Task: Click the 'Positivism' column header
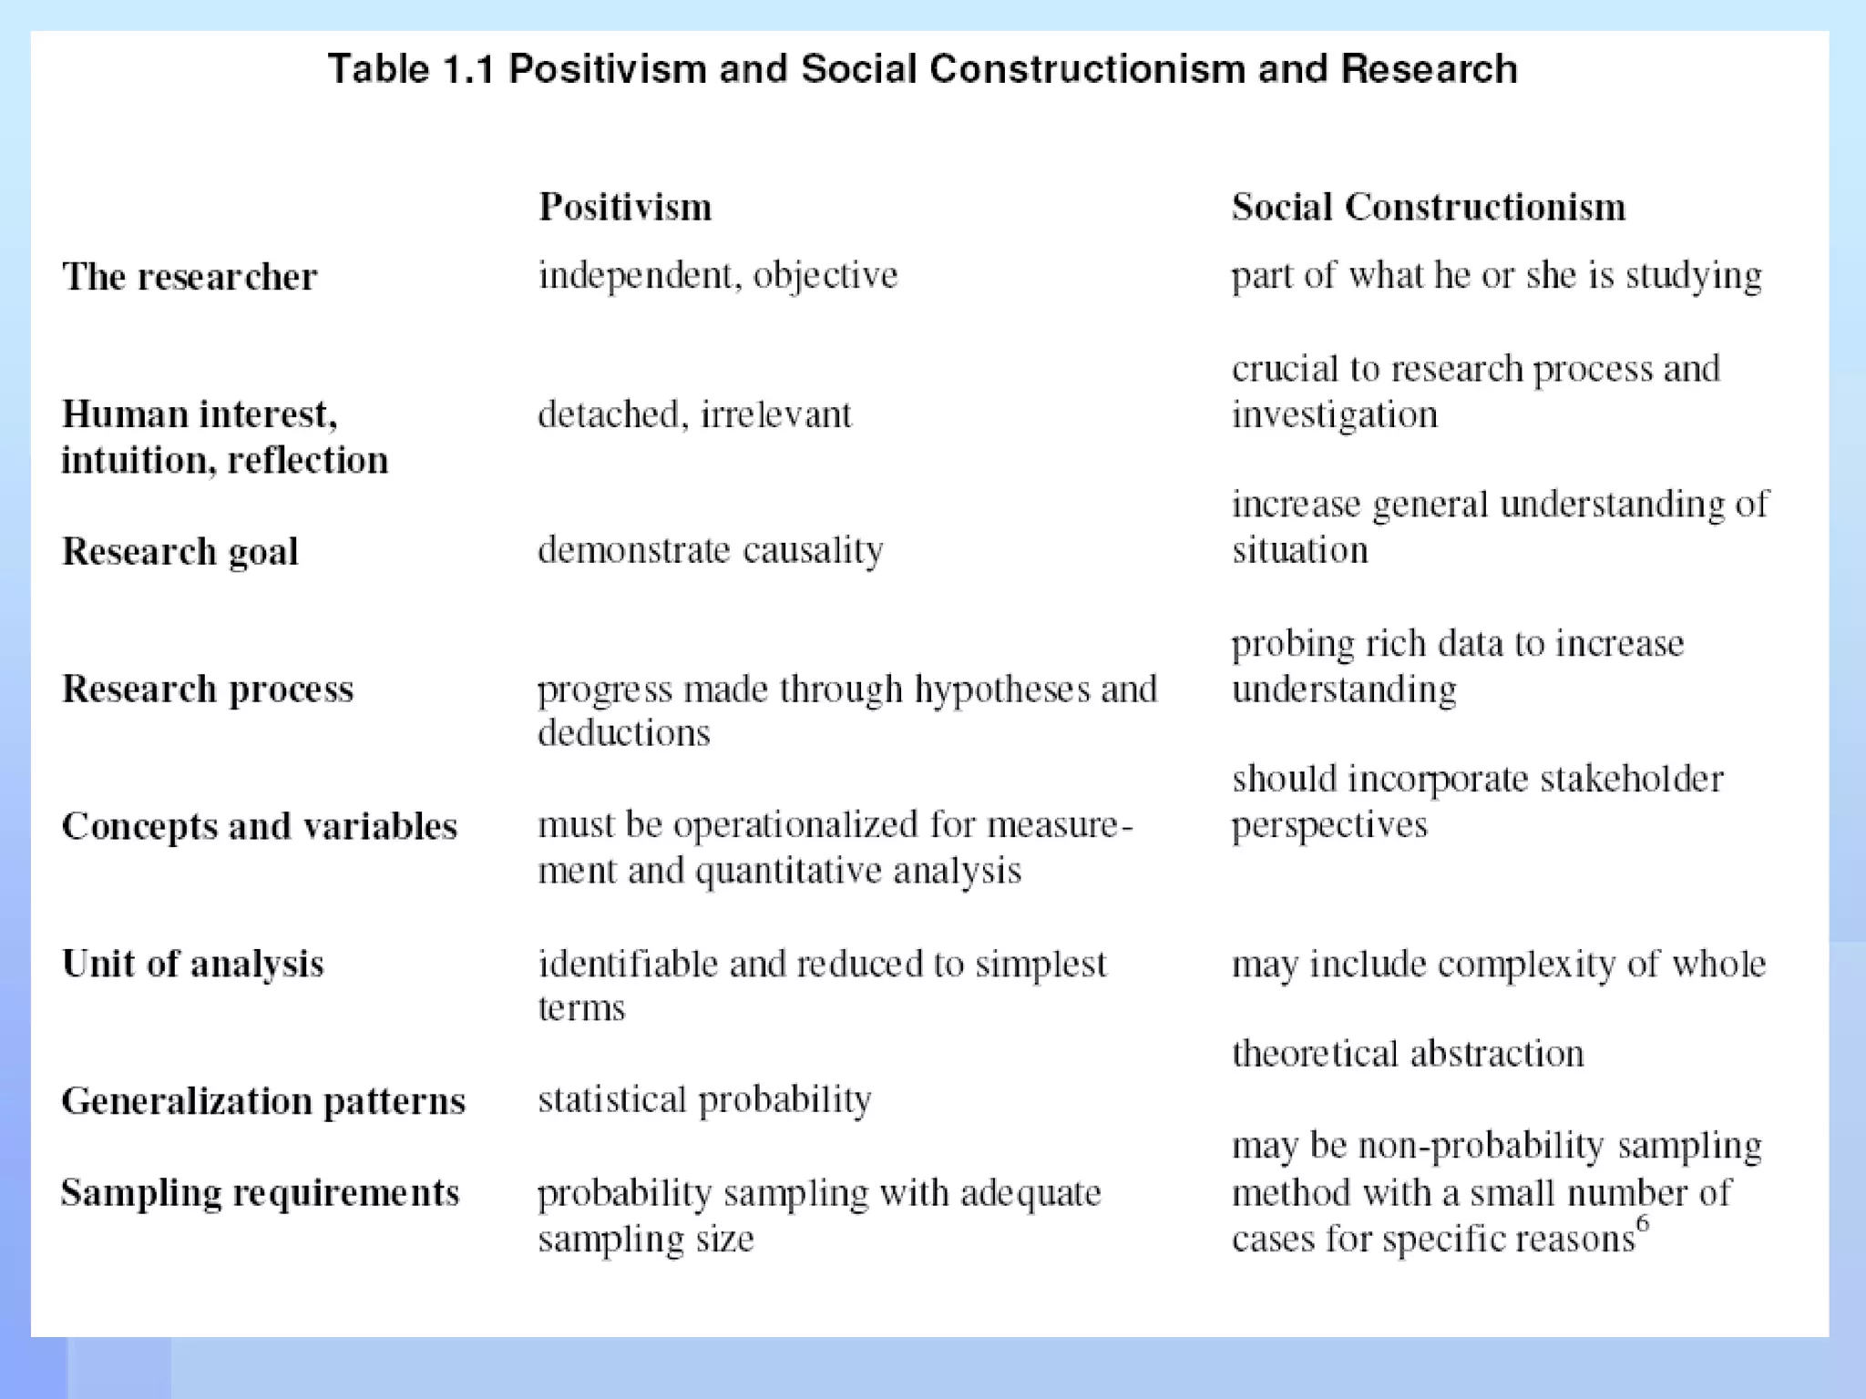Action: point(625,207)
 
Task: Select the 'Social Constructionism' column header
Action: point(1428,207)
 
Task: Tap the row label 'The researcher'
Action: point(190,277)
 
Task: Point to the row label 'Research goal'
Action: point(180,551)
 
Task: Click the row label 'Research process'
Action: point(208,689)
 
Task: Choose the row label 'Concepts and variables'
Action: point(260,826)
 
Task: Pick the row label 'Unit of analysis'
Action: point(193,964)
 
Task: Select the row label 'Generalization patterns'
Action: point(263,1101)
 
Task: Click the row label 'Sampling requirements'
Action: point(261,1193)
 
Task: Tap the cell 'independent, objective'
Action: point(718,275)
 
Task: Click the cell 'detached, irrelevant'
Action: point(694,414)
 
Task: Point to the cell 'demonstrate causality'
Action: point(711,550)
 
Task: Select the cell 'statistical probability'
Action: point(704,1100)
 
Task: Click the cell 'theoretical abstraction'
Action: point(1408,1054)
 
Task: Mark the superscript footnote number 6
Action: point(1642,1223)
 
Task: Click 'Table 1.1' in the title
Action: point(410,69)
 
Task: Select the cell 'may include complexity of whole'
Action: point(1499,964)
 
